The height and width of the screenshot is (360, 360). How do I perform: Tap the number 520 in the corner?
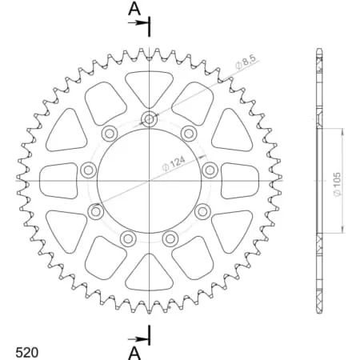coord(28,350)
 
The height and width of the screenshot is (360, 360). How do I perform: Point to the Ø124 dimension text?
coord(177,161)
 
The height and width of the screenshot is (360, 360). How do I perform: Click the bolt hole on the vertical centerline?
coord(150,120)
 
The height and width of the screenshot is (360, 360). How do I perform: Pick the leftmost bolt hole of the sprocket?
coord(88,169)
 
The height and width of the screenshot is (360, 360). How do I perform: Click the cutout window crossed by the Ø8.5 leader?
coord(191,100)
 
